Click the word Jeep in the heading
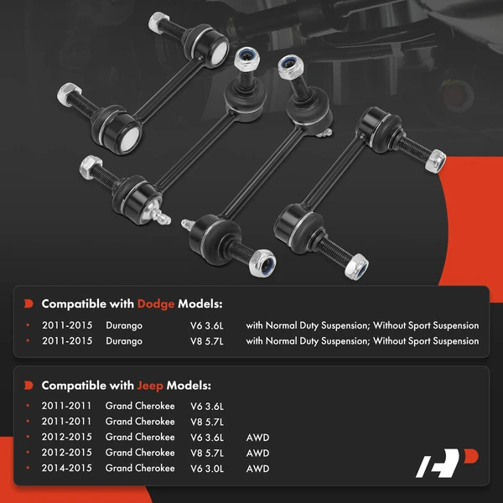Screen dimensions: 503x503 coord(150,385)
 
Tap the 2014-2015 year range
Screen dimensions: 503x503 coord(66,468)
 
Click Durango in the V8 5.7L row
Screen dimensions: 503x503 coord(124,341)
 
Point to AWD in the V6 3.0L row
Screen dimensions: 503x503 coord(257,468)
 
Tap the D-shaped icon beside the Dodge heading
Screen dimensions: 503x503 coord(29,303)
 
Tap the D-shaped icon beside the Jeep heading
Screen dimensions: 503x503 coord(29,385)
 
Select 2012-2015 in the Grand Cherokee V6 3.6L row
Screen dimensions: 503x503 coord(66,437)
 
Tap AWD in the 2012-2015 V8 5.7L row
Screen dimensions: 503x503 coord(257,453)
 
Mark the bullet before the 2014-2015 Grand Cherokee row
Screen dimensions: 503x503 coord(29,468)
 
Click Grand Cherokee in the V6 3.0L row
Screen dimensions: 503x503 coord(140,468)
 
